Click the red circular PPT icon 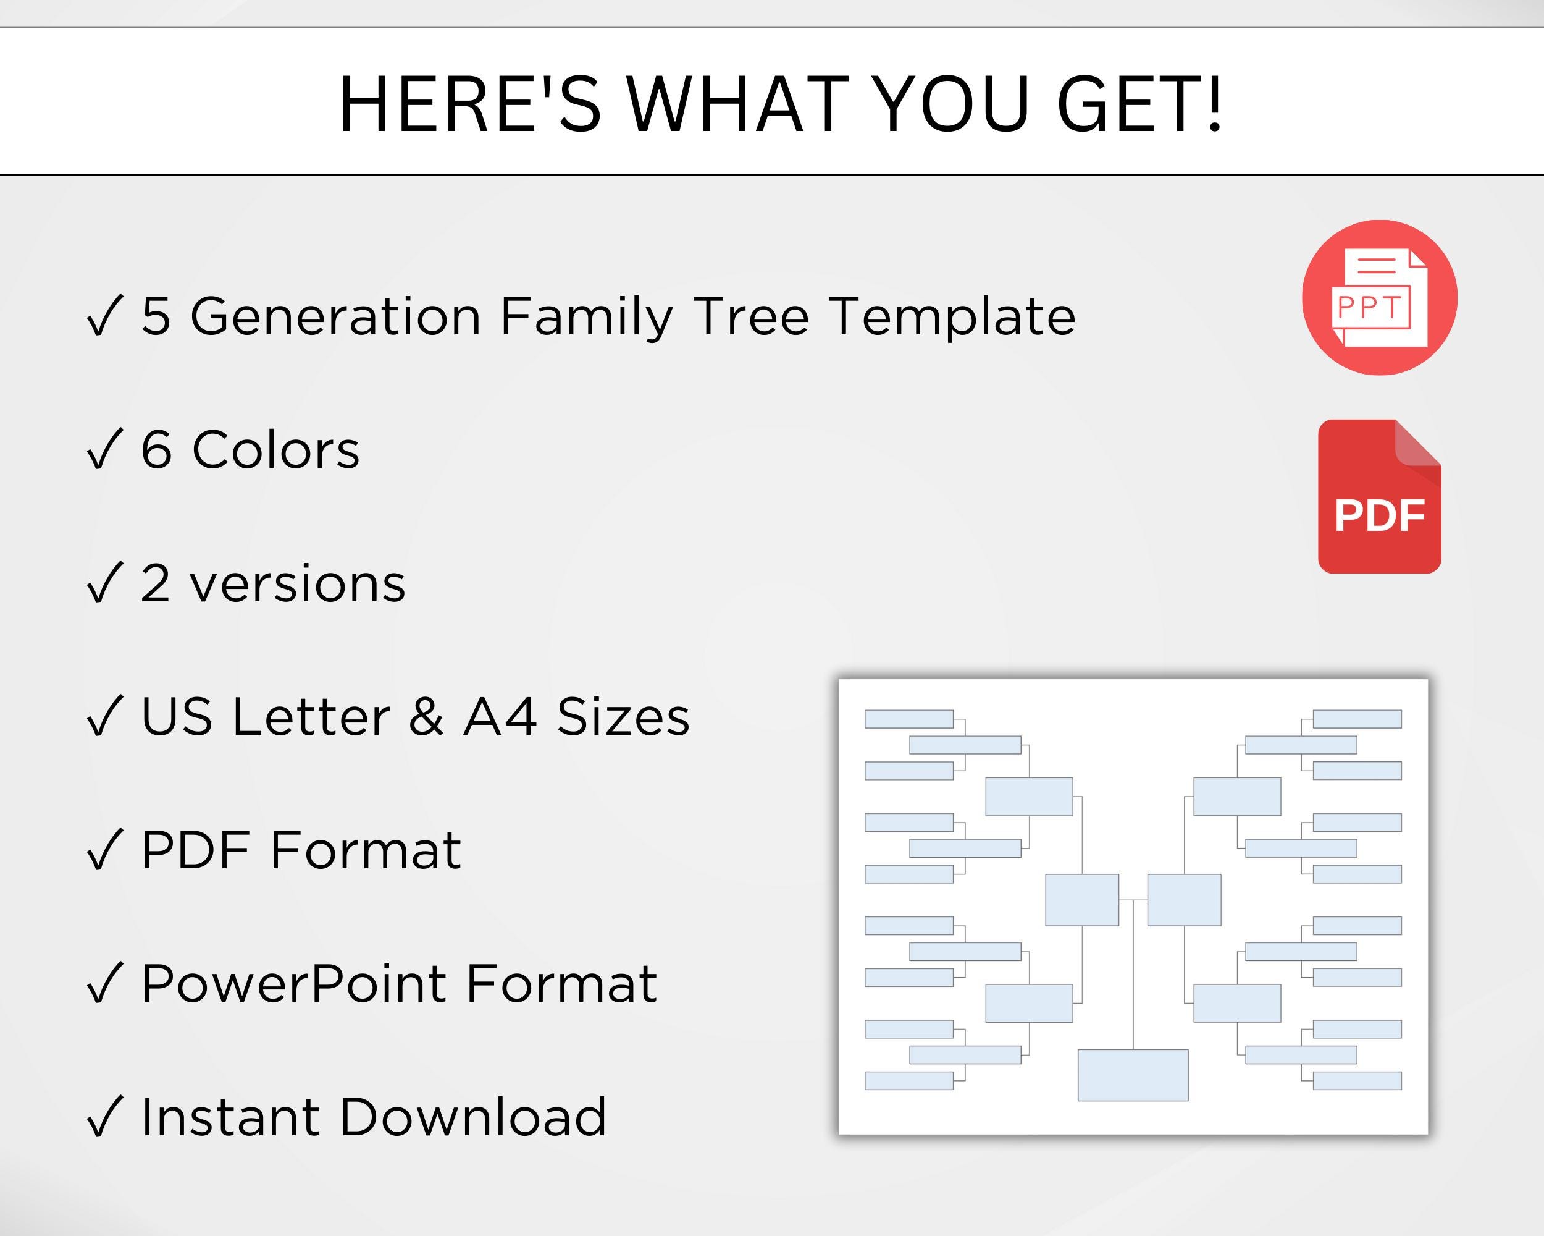pos(1379,297)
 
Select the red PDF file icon pos(1379,496)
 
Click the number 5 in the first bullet pos(156,316)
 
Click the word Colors pos(275,450)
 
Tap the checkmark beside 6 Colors pos(104,450)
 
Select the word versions pos(297,583)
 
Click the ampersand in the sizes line pos(426,716)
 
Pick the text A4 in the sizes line pos(500,716)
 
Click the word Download pos(472,1117)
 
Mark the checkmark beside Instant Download pos(104,1117)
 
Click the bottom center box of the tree pos(1133,1075)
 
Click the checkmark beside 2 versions pos(104,583)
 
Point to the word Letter pos(311,716)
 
